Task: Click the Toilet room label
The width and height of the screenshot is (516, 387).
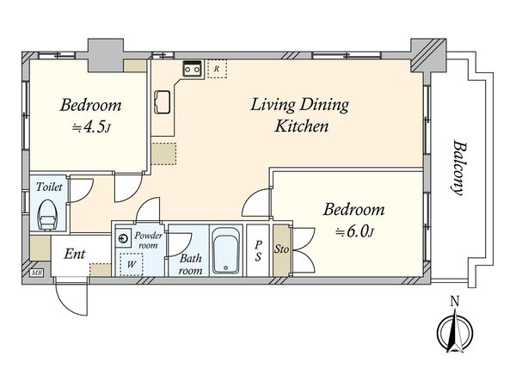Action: coord(49,187)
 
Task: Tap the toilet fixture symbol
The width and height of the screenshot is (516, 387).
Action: coord(47,215)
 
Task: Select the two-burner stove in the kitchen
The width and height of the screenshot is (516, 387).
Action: coord(192,69)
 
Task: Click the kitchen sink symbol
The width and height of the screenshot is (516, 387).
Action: coord(163,102)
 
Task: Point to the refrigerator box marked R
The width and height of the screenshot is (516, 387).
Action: coord(217,69)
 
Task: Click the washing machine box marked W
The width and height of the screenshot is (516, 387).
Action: coord(132,264)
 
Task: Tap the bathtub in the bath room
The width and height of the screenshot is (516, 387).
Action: coord(225,250)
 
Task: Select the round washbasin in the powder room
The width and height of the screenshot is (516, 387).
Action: coord(123,238)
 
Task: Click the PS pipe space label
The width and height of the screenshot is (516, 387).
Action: coord(258,250)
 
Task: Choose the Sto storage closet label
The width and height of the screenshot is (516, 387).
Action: coord(282,249)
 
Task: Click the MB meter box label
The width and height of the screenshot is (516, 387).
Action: coord(35,273)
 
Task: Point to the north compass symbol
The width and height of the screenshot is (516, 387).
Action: coord(455,330)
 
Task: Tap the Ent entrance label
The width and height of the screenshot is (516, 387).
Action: coord(74,254)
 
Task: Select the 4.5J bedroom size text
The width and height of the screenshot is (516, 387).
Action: coord(91,127)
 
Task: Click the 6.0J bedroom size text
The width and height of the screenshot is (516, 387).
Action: coord(354,231)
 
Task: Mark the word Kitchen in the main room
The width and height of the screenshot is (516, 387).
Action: coord(302,126)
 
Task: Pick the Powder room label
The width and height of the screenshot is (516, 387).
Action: coord(148,240)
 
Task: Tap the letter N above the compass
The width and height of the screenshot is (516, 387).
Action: coord(455,300)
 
